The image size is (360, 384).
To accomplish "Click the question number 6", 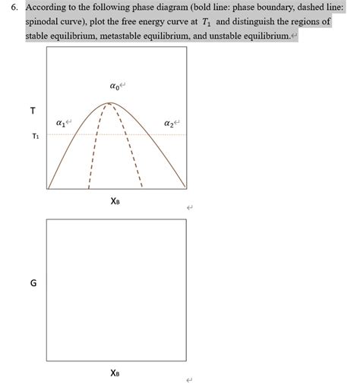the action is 10,7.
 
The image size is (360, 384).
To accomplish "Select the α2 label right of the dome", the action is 169,123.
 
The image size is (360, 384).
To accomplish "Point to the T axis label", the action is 32,111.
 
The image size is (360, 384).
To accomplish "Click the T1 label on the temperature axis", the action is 33,137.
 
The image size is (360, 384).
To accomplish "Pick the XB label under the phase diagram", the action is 115,201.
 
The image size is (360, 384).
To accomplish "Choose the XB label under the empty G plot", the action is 115,373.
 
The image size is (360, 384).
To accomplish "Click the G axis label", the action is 33,284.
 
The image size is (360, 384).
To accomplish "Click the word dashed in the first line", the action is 307,7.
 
